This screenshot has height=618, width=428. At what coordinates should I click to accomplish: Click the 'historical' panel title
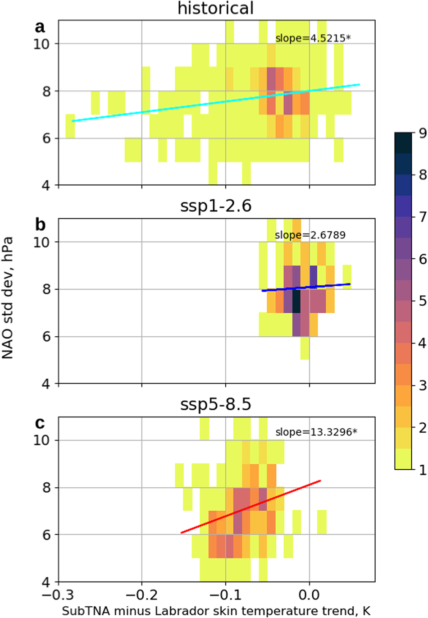pyautogui.click(x=215, y=9)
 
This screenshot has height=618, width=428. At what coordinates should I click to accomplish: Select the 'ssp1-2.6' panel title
pyautogui.click(x=215, y=206)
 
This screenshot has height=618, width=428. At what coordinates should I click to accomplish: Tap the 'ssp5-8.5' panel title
pyautogui.click(x=215, y=405)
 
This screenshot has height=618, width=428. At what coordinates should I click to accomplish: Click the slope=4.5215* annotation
pyautogui.click(x=313, y=38)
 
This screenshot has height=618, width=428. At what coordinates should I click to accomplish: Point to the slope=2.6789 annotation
pyautogui.click(x=310, y=235)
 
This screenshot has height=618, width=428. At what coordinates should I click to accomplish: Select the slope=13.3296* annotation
pyautogui.click(x=316, y=432)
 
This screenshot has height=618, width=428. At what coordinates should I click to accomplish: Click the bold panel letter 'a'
pyautogui.click(x=40, y=27)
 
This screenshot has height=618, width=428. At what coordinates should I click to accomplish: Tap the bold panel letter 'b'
pyautogui.click(x=40, y=224)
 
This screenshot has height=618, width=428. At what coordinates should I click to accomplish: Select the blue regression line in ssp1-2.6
pyautogui.click(x=306, y=287)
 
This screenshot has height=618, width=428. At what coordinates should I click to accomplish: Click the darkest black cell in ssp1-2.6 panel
pyautogui.click(x=296, y=301)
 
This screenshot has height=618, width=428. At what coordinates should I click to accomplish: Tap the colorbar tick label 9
pyautogui.click(x=422, y=133)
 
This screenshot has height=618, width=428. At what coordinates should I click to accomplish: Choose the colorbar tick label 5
pyautogui.click(x=422, y=301)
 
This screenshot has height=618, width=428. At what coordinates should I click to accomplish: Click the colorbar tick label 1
pyautogui.click(x=422, y=470)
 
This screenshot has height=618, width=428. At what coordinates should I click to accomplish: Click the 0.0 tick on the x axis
pyautogui.click(x=309, y=595)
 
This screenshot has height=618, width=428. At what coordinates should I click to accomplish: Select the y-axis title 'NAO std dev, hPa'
pyautogui.click(x=8, y=298)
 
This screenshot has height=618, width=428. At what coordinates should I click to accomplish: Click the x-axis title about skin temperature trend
pyautogui.click(x=216, y=611)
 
